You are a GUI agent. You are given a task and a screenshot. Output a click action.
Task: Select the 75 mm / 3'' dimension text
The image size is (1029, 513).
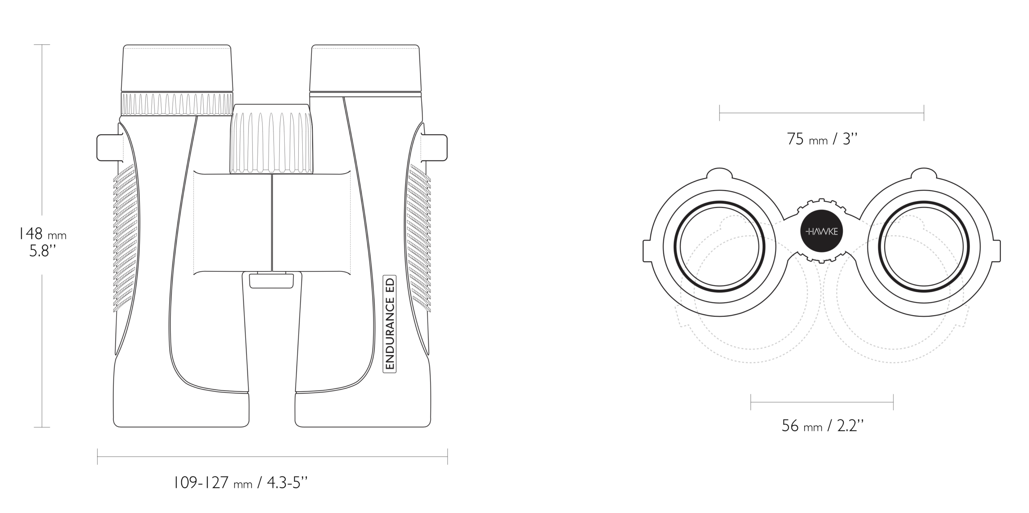(x=822, y=139)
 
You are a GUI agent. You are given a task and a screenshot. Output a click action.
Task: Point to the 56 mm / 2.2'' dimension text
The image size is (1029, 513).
(x=822, y=425)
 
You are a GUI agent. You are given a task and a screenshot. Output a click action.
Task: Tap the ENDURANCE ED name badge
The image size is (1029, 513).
(x=389, y=324)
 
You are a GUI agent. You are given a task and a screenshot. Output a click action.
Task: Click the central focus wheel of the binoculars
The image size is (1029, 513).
(x=272, y=139)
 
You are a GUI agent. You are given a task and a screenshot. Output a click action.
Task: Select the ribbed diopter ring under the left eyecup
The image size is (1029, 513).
(x=177, y=104)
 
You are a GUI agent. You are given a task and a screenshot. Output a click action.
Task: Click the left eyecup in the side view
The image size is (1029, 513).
(x=177, y=68)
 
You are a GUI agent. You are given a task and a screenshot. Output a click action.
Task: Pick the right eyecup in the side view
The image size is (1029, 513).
(x=365, y=68)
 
